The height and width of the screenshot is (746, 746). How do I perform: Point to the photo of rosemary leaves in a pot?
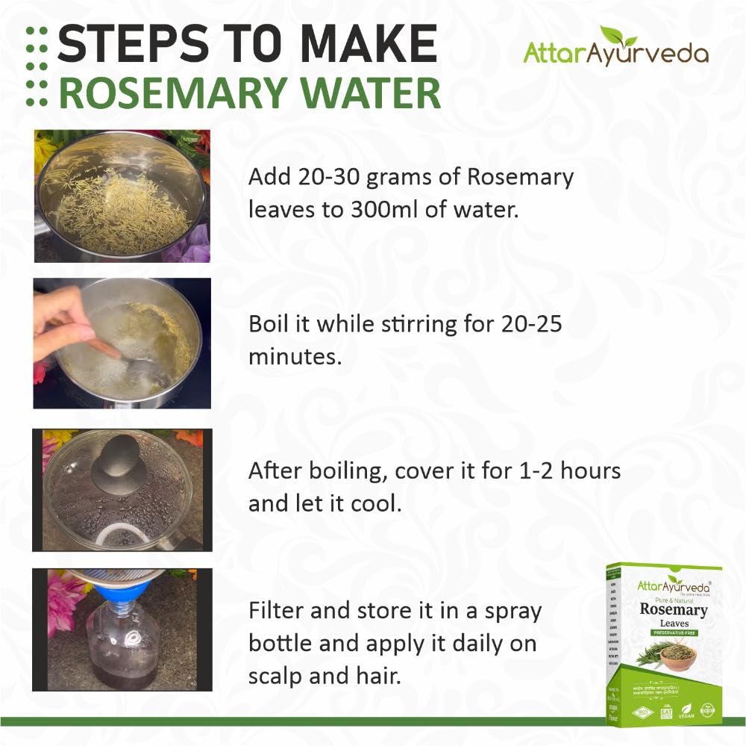122,196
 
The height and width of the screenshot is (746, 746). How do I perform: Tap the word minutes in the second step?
295,357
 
